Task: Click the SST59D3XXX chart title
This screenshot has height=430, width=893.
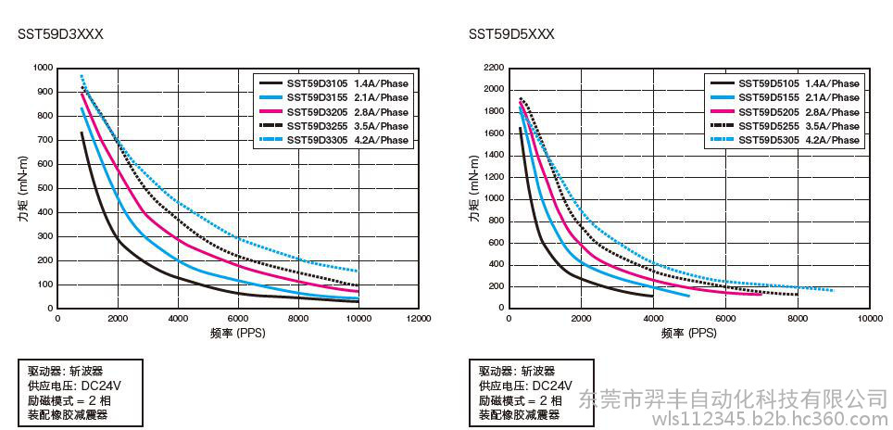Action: tap(60, 34)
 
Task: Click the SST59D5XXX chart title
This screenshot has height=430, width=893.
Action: tap(511, 34)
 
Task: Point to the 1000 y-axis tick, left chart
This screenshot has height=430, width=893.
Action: tap(43, 68)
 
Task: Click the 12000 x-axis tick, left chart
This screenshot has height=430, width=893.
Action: tap(419, 318)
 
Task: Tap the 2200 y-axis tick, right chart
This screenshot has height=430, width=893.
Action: tap(494, 68)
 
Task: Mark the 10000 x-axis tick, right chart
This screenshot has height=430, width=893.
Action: tap(869, 318)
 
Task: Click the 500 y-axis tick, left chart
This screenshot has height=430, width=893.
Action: tap(45, 188)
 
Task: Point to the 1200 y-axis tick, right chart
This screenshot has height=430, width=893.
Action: tap(494, 177)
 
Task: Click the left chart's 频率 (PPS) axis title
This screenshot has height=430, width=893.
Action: tap(238, 332)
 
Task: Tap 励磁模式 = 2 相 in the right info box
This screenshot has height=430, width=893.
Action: tap(521, 400)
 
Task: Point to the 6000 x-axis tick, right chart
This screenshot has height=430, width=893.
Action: tap(725, 318)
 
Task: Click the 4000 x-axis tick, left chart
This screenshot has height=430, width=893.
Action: tap(178, 318)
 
